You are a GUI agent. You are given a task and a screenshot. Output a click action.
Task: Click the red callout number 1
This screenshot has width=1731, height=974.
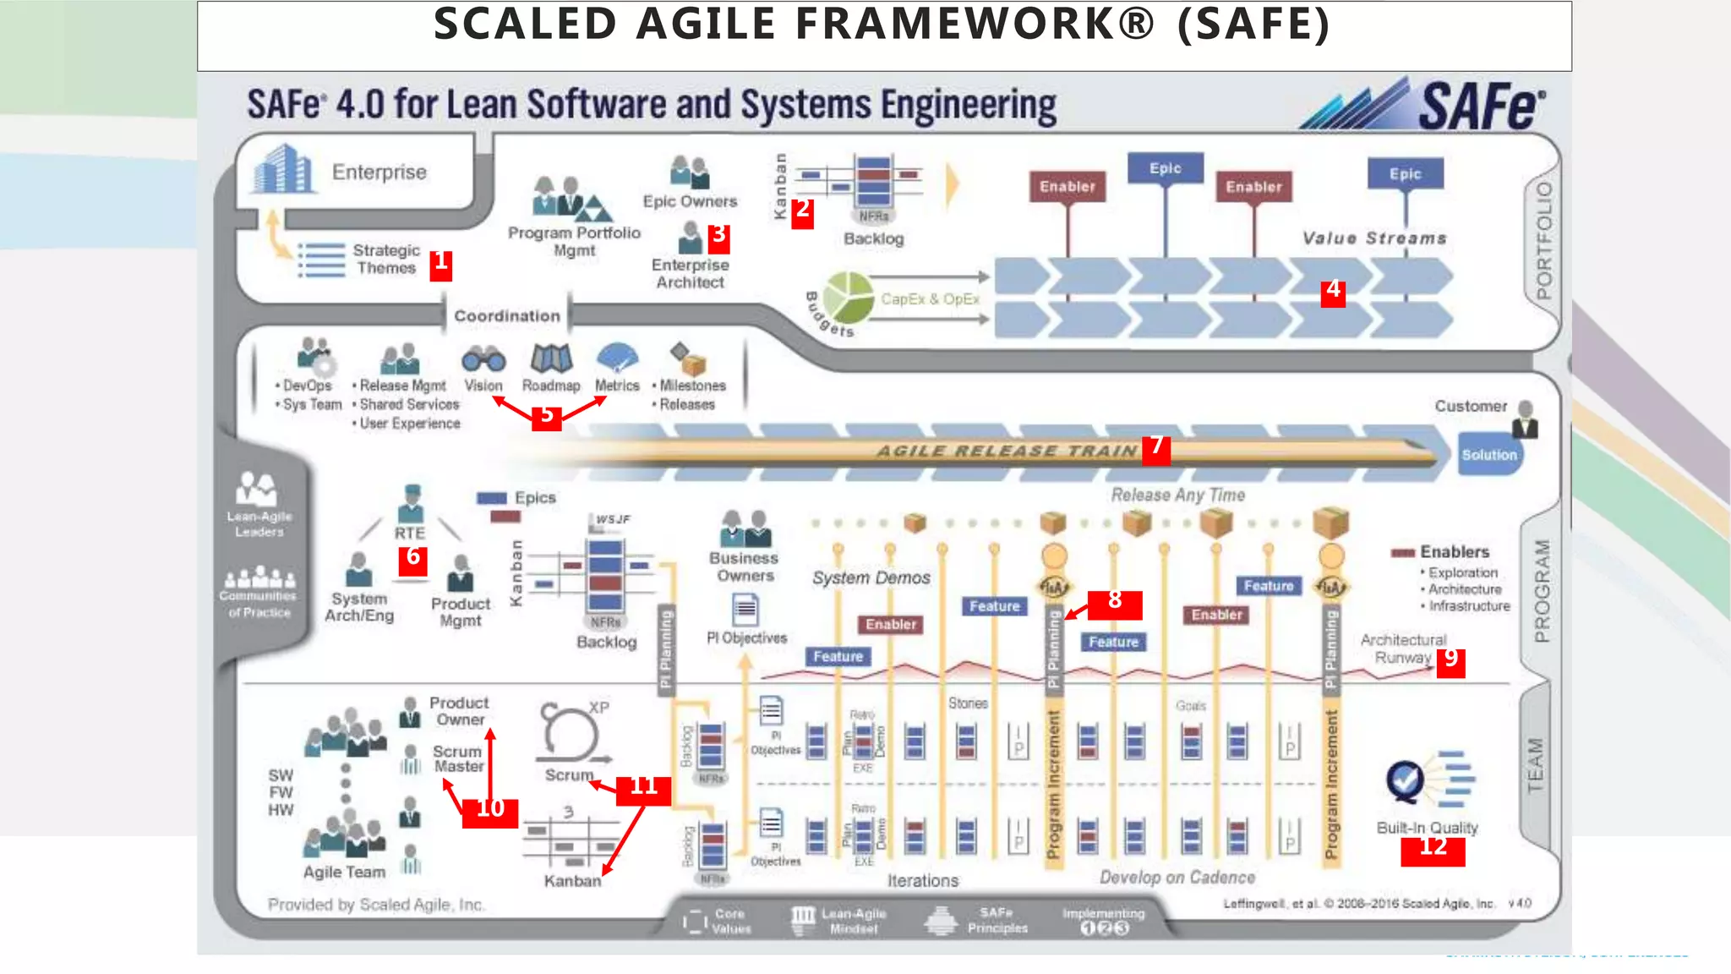point(440,264)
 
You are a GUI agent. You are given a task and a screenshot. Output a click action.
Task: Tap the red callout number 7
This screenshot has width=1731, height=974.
point(1156,447)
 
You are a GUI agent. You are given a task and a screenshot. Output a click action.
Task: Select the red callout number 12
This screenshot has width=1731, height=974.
point(1433,848)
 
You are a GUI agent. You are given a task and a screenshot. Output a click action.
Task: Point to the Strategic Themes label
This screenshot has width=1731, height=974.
point(385,260)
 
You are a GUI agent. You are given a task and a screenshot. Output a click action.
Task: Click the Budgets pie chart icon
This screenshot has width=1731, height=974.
point(848,297)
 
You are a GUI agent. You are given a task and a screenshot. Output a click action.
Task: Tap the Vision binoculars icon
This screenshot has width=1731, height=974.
point(483,359)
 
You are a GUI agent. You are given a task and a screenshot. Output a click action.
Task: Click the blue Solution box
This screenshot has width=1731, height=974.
point(1489,455)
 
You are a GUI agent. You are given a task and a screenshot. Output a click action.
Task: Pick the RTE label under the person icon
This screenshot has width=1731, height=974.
point(410,534)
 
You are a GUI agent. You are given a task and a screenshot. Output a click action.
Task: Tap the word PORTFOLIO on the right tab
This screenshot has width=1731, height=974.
point(1544,241)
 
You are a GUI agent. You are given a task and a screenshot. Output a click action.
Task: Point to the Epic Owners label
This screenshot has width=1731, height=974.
point(690,202)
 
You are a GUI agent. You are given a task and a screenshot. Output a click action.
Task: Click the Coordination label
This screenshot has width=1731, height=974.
point(507,316)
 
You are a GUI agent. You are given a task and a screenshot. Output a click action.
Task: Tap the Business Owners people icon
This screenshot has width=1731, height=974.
point(745,529)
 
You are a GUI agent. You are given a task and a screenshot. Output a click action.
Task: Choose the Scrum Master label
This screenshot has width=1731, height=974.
point(457,759)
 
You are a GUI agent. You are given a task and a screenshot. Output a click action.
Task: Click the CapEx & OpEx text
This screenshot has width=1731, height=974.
point(930,299)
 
